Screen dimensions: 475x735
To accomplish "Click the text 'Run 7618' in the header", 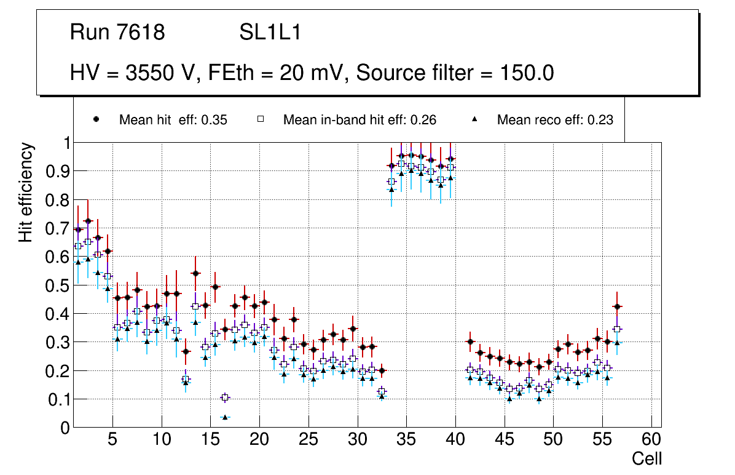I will (117, 33).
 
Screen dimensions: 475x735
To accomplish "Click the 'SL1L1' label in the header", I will (270, 33).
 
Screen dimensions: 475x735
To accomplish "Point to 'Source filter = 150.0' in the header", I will (455, 73).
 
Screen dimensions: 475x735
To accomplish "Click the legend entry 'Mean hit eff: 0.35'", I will (173, 120).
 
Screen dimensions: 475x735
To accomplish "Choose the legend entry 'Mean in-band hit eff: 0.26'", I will (360, 120).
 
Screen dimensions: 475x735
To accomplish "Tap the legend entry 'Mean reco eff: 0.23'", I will (555, 120).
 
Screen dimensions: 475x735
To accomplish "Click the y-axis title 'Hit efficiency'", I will (26, 192).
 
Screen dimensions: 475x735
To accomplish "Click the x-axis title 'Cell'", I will (647, 458).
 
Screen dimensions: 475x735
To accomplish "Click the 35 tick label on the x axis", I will (406, 441).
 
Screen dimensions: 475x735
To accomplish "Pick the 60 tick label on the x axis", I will (651, 441).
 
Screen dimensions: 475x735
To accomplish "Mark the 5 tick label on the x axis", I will (112, 441).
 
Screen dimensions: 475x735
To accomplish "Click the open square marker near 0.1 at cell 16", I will (225, 398).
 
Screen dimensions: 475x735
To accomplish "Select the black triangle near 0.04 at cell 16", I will (225, 417).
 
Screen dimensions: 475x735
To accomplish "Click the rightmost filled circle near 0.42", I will (618, 306).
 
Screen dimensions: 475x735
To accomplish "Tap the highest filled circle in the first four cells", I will (88, 221).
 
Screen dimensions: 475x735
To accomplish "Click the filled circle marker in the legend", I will (96, 120).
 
